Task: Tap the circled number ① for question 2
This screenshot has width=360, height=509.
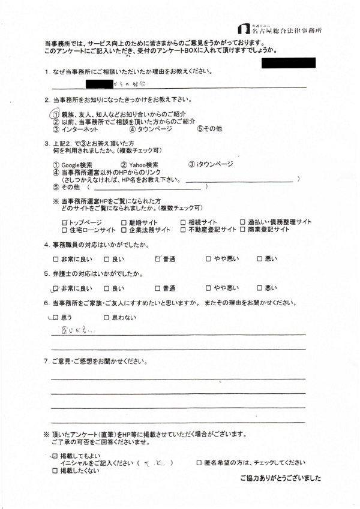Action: (55, 114)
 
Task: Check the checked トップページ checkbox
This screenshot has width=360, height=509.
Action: (64, 222)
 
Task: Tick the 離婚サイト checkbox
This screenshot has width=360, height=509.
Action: (124, 222)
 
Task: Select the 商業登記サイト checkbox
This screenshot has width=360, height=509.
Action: (242, 230)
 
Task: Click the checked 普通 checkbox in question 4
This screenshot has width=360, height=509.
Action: (157, 259)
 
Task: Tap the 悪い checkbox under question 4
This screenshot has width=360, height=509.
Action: (260, 259)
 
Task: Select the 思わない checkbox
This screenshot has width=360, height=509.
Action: (107, 317)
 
